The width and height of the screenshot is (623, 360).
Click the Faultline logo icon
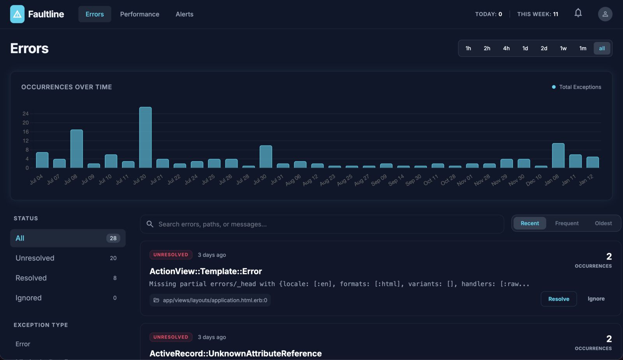pos(17,14)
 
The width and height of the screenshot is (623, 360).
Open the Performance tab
pos(139,14)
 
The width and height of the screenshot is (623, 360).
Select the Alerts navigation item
pos(184,14)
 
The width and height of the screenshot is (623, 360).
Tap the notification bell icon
pos(578,13)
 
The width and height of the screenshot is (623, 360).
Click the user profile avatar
pos(605,14)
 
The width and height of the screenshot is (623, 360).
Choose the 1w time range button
pos(563,48)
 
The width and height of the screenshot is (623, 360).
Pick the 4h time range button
pos(506,48)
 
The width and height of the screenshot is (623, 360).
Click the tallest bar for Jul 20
pos(145,137)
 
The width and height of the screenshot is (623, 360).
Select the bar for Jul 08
pos(76,148)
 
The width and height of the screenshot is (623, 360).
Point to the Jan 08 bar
pos(558,155)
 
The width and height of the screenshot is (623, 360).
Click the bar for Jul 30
pos(266,157)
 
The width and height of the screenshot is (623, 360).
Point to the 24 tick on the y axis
pos(25,114)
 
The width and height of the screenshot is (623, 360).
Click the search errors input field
pos(322,224)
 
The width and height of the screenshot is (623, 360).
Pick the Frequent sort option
pos(567,223)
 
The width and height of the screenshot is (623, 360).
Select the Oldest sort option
pos(603,223)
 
